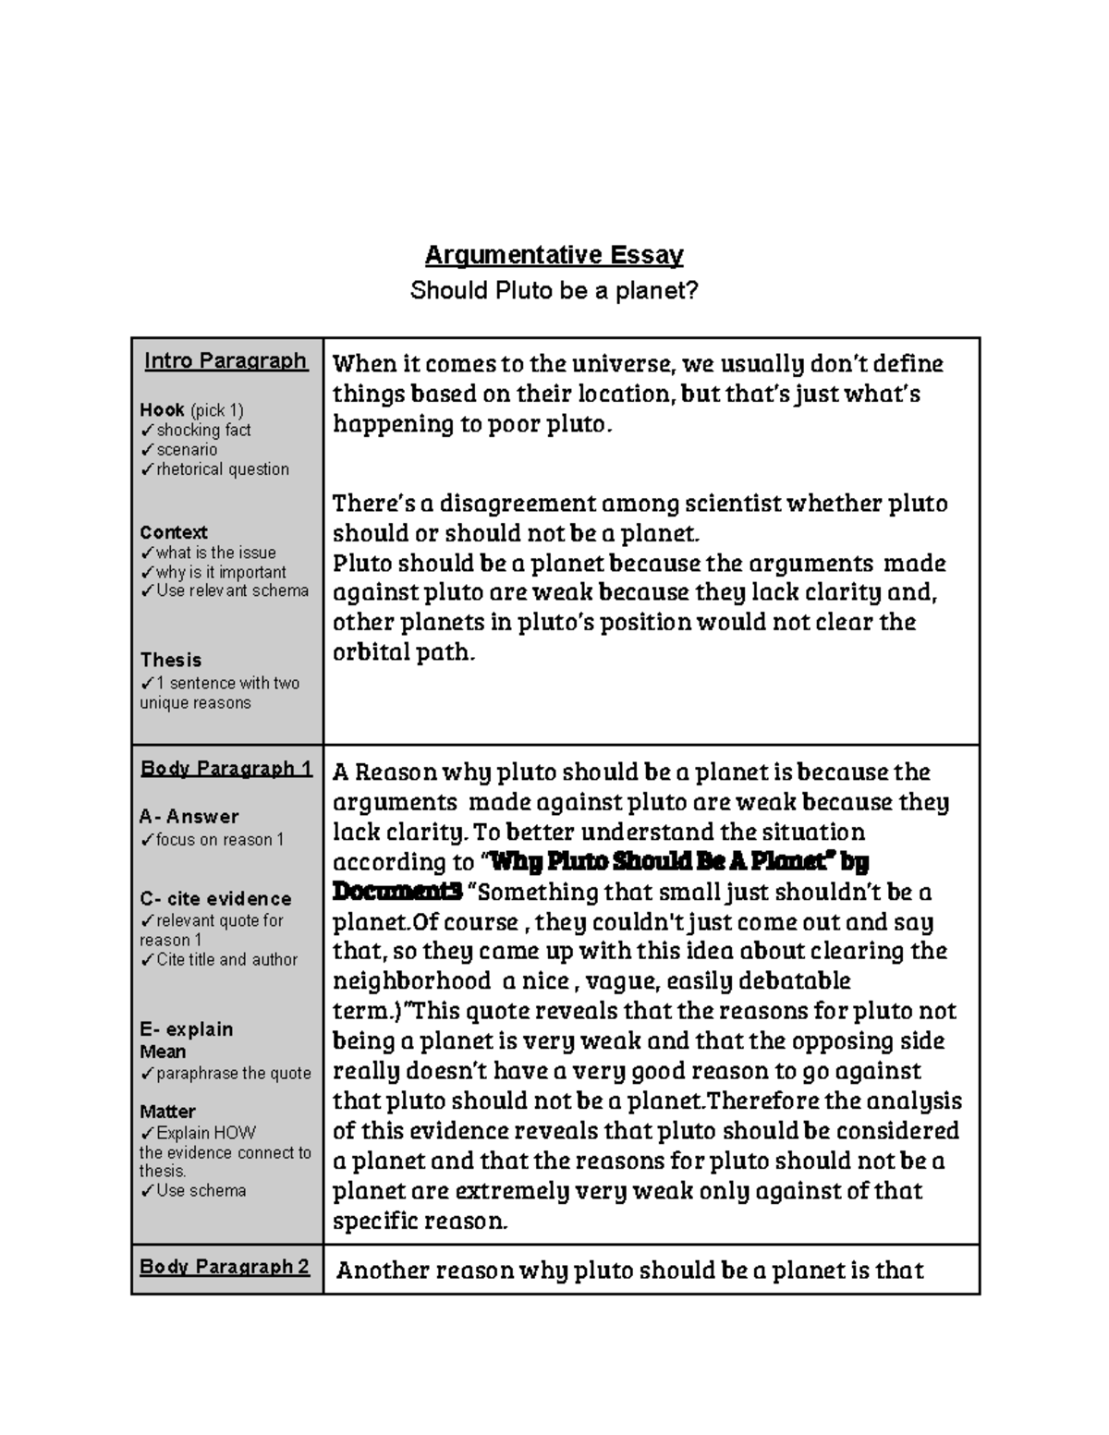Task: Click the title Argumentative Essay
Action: click(554, 255)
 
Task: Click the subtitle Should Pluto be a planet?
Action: click(554, 291)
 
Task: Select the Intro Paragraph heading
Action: click(225, 361)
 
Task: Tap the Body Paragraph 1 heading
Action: click(225, 769)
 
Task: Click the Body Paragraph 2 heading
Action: click(225, 1267)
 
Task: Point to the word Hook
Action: click(162, 410)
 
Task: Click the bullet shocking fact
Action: click(202, 431)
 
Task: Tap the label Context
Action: click(174, 533)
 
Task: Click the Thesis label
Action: click(171, 661)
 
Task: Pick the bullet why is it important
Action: click(220, 573)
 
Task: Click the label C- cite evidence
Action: click(215, 899)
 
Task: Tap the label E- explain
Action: click(187, 1029)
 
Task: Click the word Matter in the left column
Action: click(167, 1112)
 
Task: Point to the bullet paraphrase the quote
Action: click(232, 1074)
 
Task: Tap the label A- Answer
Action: click(189, 817)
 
